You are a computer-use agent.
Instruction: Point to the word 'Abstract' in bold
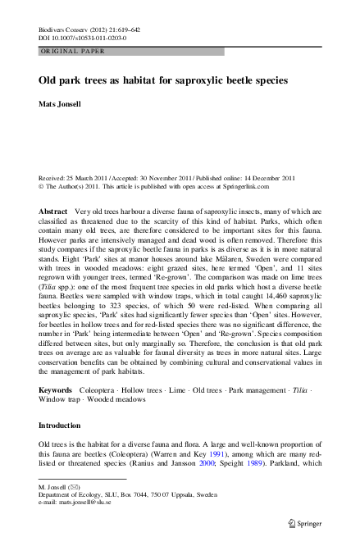pos(53,212)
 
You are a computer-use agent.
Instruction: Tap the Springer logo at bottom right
pos(303,521)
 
